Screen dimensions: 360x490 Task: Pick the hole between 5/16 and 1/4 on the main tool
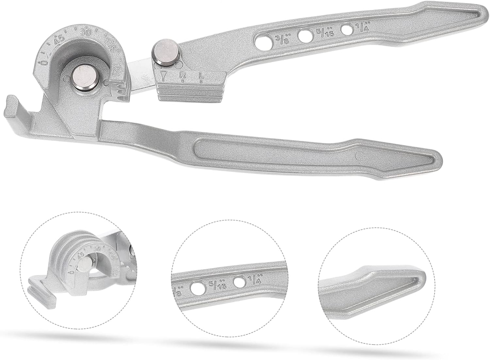[x=347, y=29]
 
